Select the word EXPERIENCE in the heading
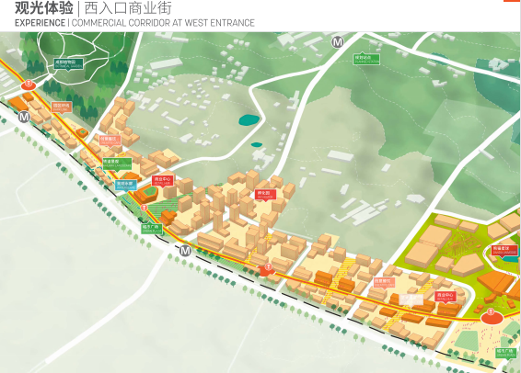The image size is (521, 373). (x=40, y=23)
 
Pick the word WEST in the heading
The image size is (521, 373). (x=190, y=23)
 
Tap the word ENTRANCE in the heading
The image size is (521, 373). (x=230, y=23)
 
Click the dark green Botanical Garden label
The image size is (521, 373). (x=68, y=64)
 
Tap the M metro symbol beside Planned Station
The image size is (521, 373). (x=338, y=41)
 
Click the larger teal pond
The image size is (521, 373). (x=248, y=119)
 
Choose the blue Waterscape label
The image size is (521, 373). (x=124, y=184)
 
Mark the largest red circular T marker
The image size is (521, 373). (x=490, y=313)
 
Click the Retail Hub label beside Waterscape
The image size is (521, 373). (x=162, y=181)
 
